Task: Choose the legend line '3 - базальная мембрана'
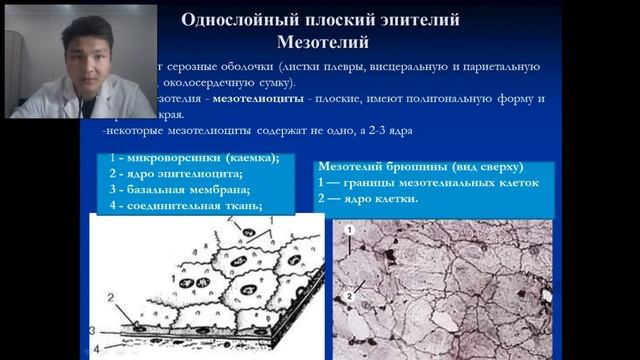(180, 190)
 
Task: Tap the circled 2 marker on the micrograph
(347, 296)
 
